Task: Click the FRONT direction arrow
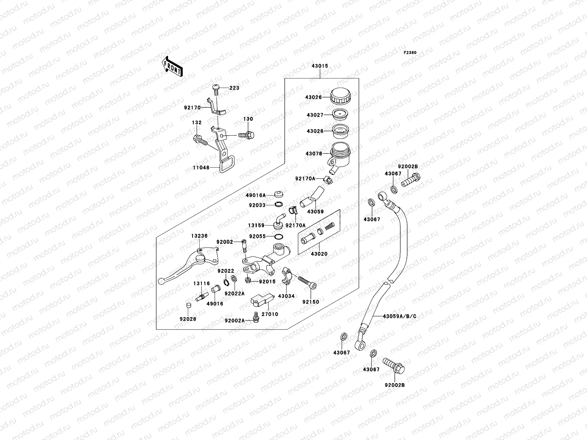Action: [172, 66]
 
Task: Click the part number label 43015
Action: [320, 66]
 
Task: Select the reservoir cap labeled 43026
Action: [340, 96]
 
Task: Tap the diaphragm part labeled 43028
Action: [340, 131]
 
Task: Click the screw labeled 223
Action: [216, 89]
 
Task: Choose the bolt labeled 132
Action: [200, 140]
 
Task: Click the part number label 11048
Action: [201, 168]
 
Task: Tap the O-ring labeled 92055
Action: [279, 237]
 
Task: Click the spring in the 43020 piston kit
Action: [330, 226]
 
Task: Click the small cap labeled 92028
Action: [188, 305]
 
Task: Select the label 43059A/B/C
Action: [399, 316]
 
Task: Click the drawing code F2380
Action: [410, 53]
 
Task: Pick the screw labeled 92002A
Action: [256, 318]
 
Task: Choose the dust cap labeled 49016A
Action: [279, 194]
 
